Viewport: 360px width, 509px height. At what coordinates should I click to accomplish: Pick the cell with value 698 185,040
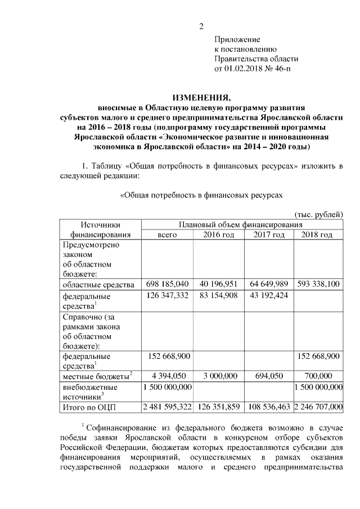pyautogui.click(x=168, y=284)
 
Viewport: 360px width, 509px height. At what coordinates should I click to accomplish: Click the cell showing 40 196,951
pyautogui.click(x=219, y=284)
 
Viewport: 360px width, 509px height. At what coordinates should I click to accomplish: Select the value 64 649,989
pyautogui.click(x=269, y=284)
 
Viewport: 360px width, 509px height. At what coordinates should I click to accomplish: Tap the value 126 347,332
pyautogui.click(x=168, y=295)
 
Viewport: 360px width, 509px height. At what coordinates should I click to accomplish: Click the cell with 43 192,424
pyautogui.click(x=269, y=295)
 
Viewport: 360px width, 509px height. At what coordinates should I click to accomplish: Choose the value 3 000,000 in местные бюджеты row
pyautogui.click(x=219, y=376)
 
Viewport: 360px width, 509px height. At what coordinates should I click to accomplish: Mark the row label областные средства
pyautogui.click(x=98, y=284)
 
